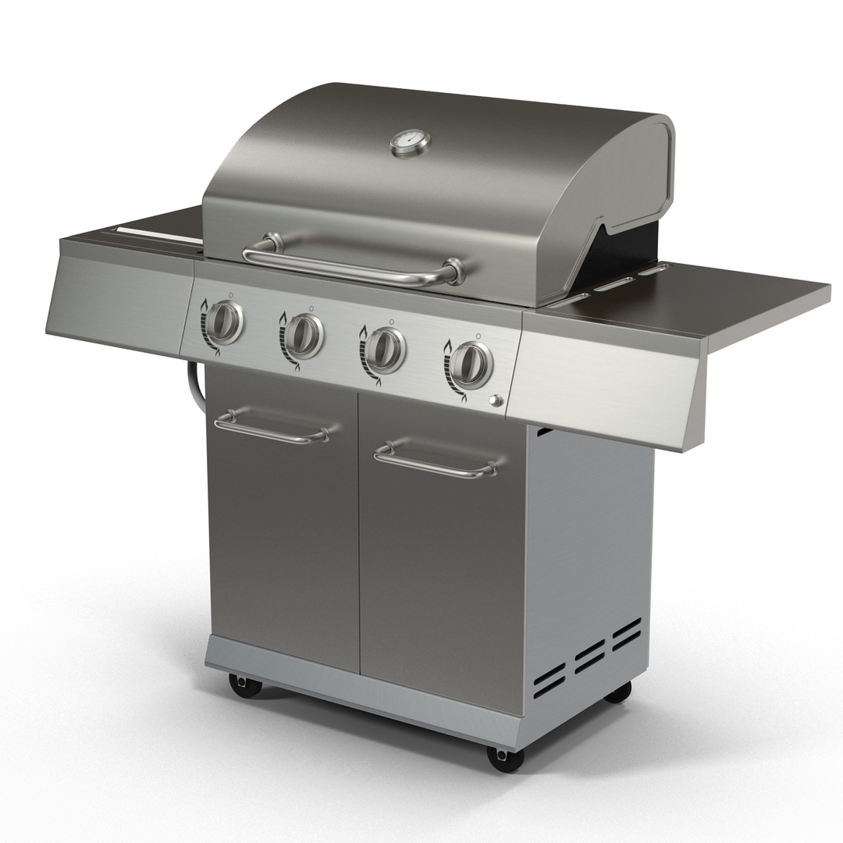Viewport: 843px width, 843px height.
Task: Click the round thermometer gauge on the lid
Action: coord(410,143)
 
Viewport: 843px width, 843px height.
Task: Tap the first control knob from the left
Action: coord(226,322)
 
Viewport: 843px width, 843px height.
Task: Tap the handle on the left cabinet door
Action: coord(271,430)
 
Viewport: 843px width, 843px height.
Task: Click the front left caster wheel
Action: coord(245,685)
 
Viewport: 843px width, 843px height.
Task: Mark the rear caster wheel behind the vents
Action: coord(618,692)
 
